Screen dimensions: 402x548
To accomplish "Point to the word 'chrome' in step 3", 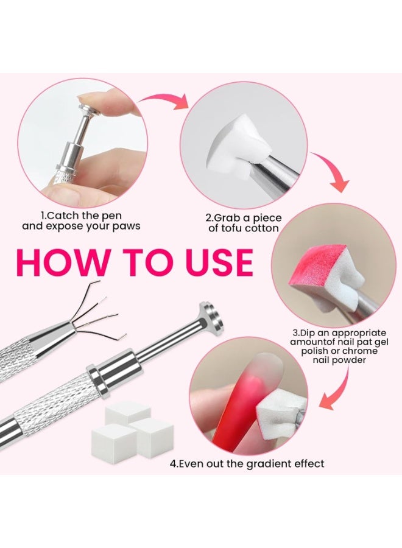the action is (360, 351).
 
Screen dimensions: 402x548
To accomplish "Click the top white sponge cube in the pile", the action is (123, 412).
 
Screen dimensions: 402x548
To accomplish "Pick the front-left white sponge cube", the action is (114, 441).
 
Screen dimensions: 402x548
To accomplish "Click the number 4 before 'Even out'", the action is (173, 464).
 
